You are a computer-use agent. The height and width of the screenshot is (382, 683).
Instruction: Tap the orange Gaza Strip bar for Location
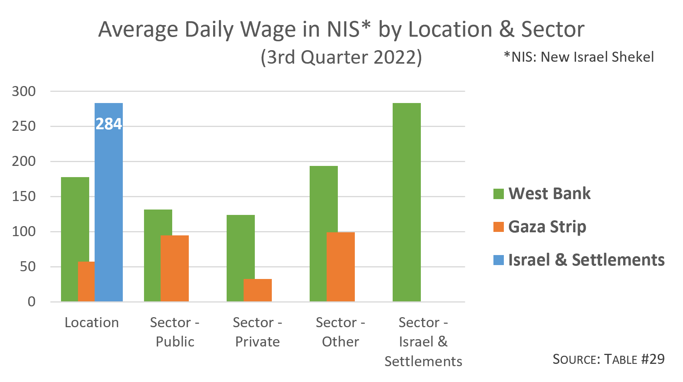coord(86,282)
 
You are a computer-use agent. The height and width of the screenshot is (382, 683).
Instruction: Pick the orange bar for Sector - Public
coord(175,268)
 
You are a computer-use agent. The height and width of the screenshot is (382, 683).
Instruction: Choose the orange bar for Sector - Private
coord(258,290)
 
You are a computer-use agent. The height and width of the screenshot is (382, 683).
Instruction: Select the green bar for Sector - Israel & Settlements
coord(407,202)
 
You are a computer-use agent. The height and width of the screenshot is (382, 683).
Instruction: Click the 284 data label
coord(108,124)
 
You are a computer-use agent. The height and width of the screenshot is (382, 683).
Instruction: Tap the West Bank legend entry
coord(549,193)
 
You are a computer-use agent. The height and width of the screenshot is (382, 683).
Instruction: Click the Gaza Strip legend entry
coord(547,226)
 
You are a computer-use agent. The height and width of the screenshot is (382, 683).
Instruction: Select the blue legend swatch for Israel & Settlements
coord(498,260)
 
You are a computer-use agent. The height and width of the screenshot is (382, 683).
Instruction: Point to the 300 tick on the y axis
coord(24,91)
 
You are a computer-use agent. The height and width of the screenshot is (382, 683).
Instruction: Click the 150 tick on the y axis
coord(24,196)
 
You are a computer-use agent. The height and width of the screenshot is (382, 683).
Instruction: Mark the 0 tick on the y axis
coord(32,302)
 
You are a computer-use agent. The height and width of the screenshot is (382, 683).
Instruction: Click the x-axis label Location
coord(92,323)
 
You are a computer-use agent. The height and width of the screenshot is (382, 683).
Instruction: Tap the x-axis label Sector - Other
coord(340,332)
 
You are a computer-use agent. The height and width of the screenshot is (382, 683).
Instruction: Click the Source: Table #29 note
coord(608,359)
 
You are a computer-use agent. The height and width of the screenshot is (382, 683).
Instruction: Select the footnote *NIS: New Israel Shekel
coord(578,57)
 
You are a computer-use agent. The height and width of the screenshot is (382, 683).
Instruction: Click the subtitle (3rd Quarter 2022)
coord(341,57)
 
